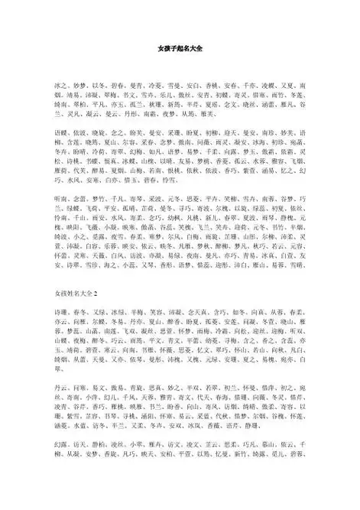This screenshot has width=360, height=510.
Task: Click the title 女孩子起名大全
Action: click(180, 48)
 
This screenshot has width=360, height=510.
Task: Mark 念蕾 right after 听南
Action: click(79, 218)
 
